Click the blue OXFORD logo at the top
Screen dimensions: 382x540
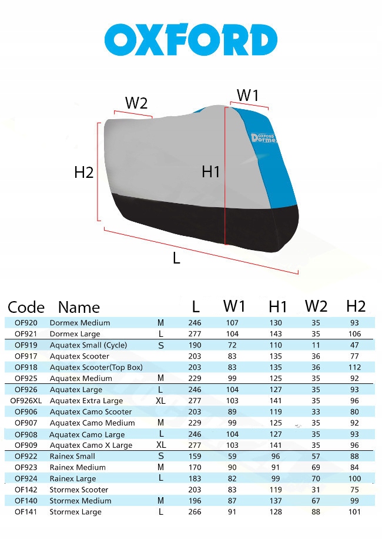190,39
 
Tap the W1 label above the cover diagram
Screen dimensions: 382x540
247,95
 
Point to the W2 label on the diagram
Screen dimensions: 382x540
136,103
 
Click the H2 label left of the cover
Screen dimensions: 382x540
84,172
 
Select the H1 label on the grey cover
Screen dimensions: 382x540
210,171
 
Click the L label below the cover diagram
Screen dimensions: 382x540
176,258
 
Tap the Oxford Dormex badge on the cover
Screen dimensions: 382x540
263,138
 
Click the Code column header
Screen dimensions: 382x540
26,307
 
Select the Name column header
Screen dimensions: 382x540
79,307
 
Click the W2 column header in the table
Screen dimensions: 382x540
316,306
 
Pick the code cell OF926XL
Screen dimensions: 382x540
26,400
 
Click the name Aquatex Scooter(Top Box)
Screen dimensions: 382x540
96,367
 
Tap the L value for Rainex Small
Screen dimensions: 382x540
195,456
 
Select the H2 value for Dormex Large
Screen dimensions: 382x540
354,334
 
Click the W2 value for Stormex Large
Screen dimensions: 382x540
316,512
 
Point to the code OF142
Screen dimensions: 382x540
26,490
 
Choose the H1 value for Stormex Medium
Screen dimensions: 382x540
276,501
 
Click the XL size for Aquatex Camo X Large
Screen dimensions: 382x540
161,445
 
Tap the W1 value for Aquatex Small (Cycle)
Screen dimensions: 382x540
232,345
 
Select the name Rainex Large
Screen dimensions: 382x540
73,478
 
